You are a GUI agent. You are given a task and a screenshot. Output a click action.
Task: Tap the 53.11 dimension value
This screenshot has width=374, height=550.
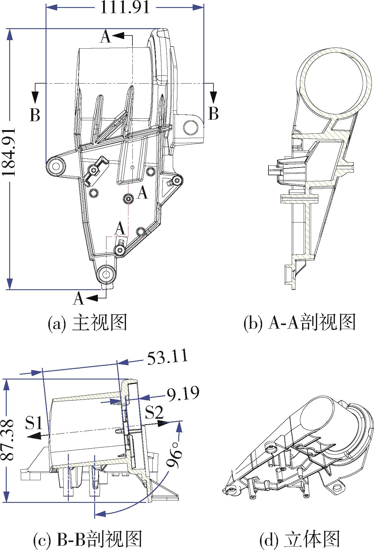pyautogui.click(x=167, y=358)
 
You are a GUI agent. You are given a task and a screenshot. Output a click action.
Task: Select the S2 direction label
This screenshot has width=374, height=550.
pyautogui.click(x=154, y=412)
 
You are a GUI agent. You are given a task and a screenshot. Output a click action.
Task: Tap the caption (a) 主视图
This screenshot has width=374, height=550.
pyautogui.click(x=87, y=323)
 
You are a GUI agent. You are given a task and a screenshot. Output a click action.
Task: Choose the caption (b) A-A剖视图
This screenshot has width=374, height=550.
pyautogui.click(x=300, y=323)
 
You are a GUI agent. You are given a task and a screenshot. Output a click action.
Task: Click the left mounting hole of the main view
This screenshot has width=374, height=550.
pyautogui.click(x=56, y=166)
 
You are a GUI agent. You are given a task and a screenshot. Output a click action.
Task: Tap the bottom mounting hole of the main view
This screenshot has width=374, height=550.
pyautogui.click(x=106, y=273)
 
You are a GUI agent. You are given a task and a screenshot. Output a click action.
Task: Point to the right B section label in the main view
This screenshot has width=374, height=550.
pyautogui.click(x=213, y=113)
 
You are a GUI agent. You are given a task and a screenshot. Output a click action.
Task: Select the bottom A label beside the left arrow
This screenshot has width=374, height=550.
pyautogui.click(x=79, y=298)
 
